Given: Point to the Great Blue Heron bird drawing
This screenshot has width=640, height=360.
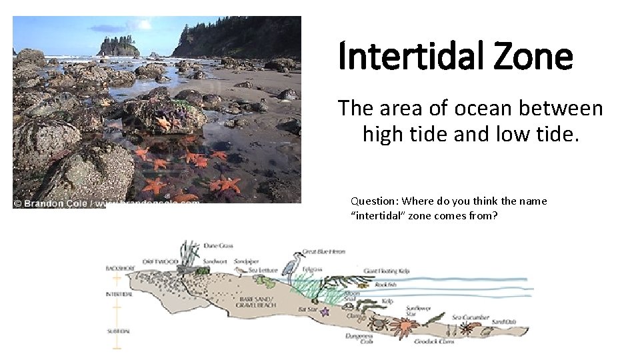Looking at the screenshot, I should click(x=292, y=265).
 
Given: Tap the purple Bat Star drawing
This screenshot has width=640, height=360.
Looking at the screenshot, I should click(x=325, y=311).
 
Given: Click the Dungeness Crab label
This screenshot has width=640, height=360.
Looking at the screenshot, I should click(x=358, y=339).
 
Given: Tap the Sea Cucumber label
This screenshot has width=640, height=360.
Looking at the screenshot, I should click(x=466, y=317).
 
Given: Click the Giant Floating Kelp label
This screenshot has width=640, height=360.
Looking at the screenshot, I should click(x=387, y=271).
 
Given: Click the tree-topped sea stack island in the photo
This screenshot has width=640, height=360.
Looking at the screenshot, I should click(x=118, y=47).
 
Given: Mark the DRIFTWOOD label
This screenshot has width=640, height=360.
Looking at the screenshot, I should click(x=160, y=262).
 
